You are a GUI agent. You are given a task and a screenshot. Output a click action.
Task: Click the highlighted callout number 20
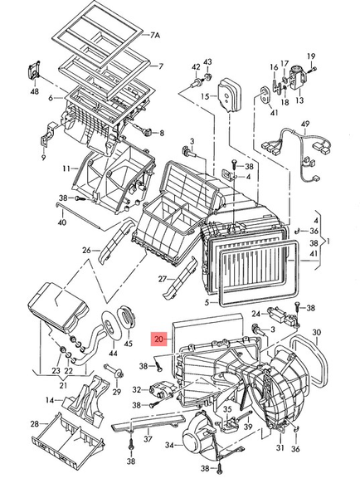point(159,339)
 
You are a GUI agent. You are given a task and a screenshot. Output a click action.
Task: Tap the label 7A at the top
point(154,35)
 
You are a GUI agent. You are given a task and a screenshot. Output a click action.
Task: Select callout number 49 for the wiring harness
point(305,124)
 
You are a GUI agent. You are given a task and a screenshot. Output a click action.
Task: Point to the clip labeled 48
point(34,71)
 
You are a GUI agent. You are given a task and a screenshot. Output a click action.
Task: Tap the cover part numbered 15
point(229,95)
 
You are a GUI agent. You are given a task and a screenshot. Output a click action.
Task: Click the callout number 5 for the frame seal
point(207,303)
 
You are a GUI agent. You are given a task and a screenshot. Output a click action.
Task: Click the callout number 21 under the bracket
point(63,385)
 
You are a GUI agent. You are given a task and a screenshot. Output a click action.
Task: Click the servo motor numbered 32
point(160,391)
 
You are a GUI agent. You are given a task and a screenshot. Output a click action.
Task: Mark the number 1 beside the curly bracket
point(328,242)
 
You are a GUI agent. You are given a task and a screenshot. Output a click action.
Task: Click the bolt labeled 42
point(197,83)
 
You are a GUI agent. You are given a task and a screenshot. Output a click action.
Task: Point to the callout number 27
point(163,279)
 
